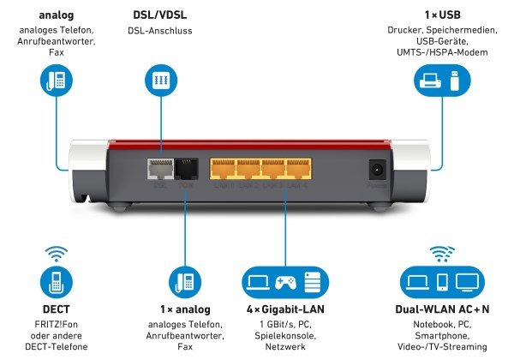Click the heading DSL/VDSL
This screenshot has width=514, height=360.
[x=161, y=15]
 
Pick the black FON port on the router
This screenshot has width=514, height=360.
[x=187, y=170]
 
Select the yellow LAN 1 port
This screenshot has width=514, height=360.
[x=223, y=169]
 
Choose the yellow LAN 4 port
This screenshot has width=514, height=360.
[x=298, y=169]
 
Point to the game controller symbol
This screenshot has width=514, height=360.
[x=284, y=282]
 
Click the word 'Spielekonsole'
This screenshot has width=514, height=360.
[x=284, y=337]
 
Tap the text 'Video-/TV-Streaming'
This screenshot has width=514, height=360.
[x=443, y=348]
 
